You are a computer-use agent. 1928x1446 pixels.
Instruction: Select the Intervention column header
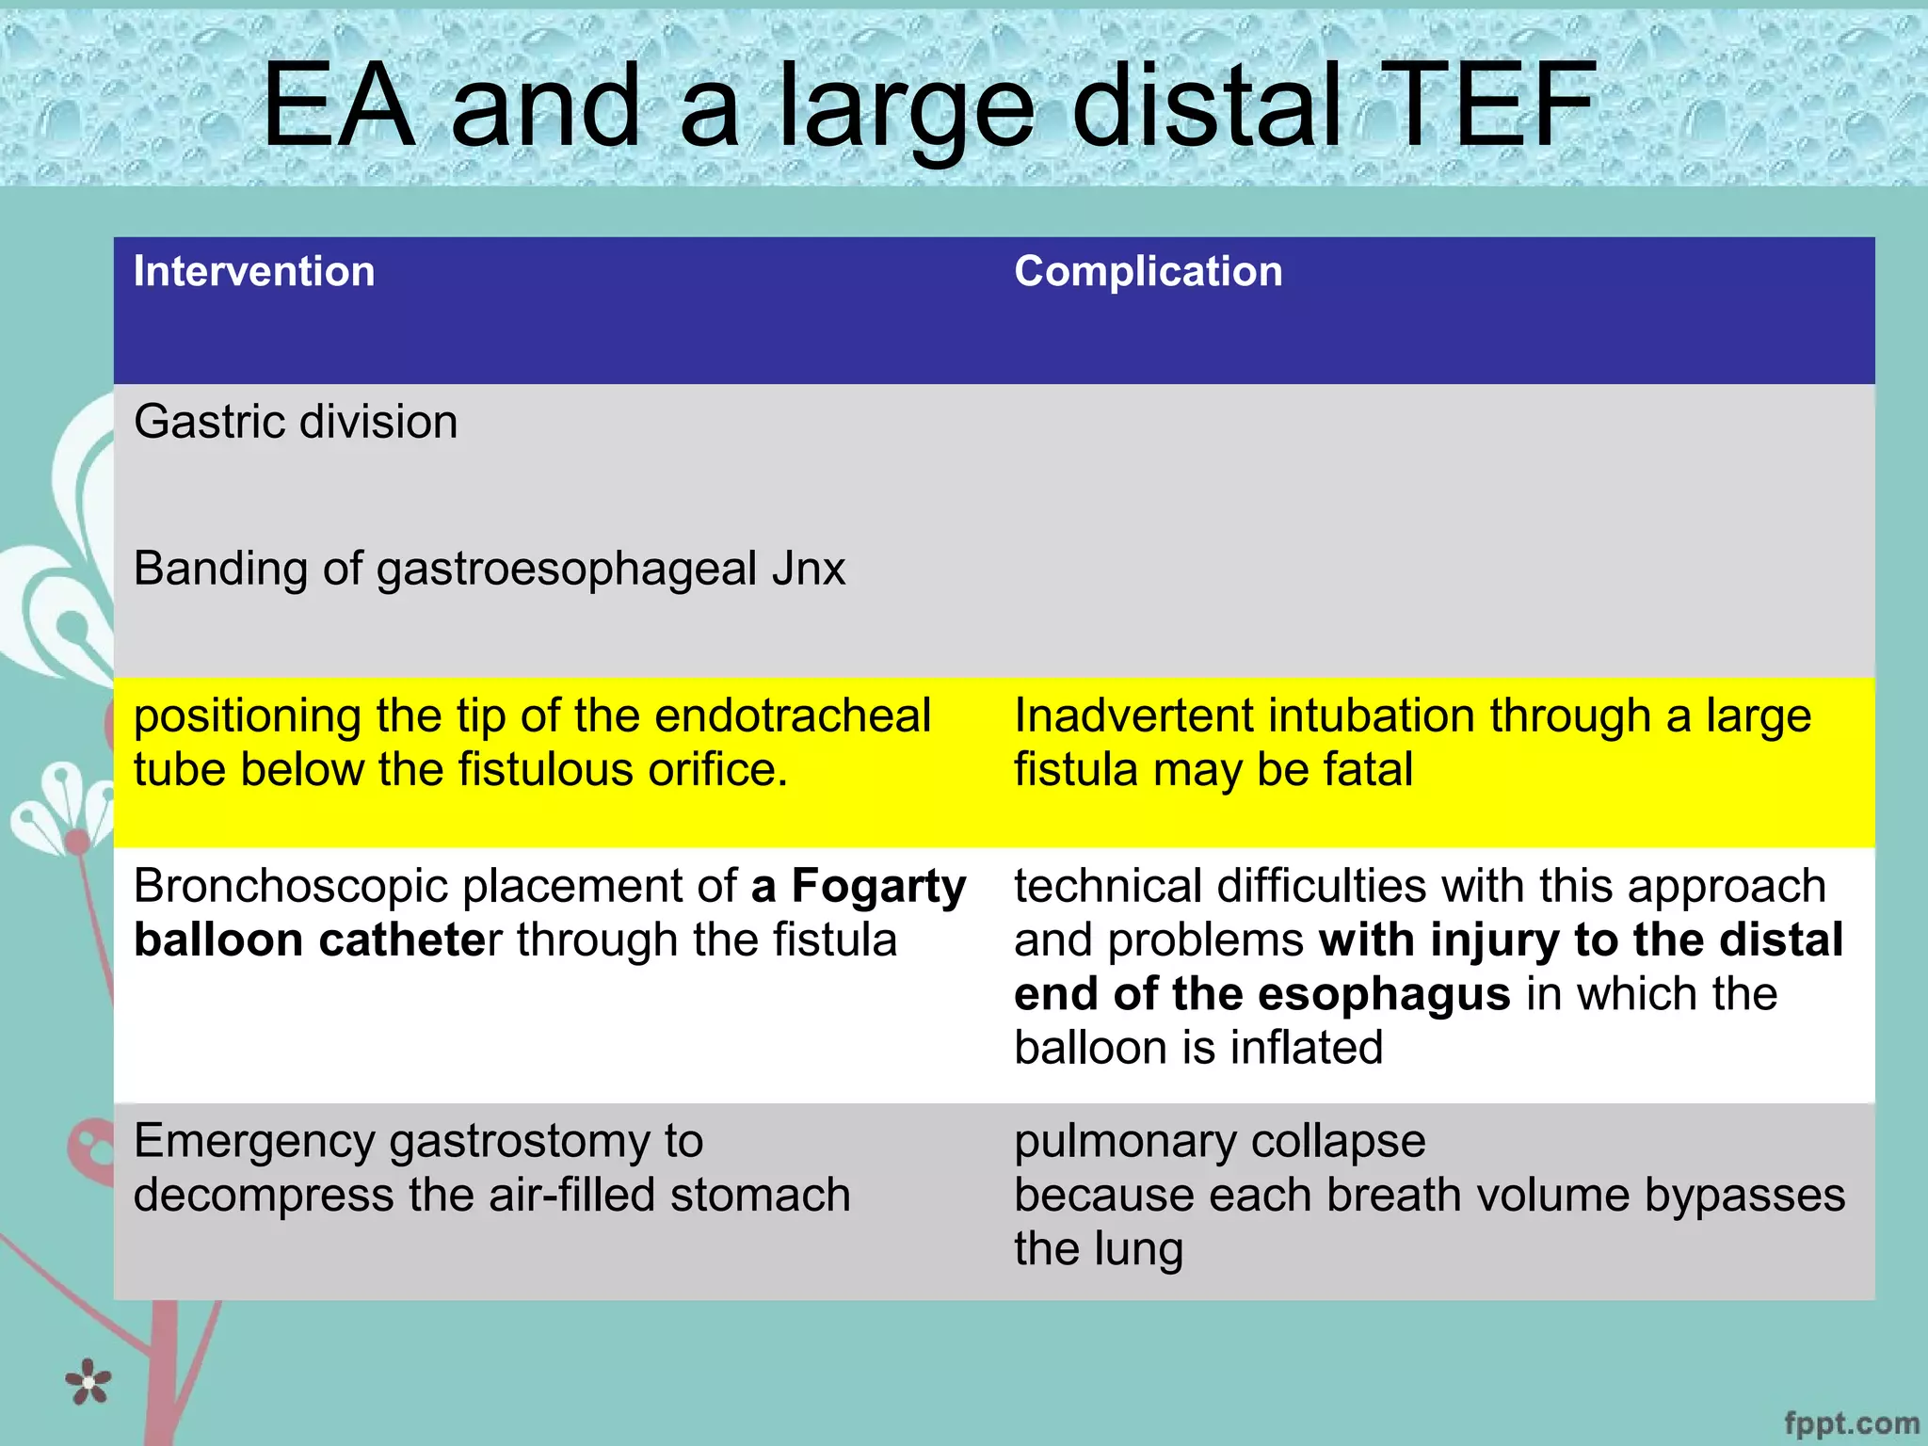254,272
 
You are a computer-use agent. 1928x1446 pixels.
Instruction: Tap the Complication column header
1148,272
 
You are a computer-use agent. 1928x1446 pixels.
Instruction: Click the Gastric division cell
296,422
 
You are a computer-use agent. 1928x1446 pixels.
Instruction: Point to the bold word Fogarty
878,887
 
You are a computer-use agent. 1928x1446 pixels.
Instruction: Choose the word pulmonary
1125,1142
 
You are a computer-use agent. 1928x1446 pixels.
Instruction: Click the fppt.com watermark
1851,1423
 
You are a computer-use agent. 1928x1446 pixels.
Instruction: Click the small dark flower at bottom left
88,1382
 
